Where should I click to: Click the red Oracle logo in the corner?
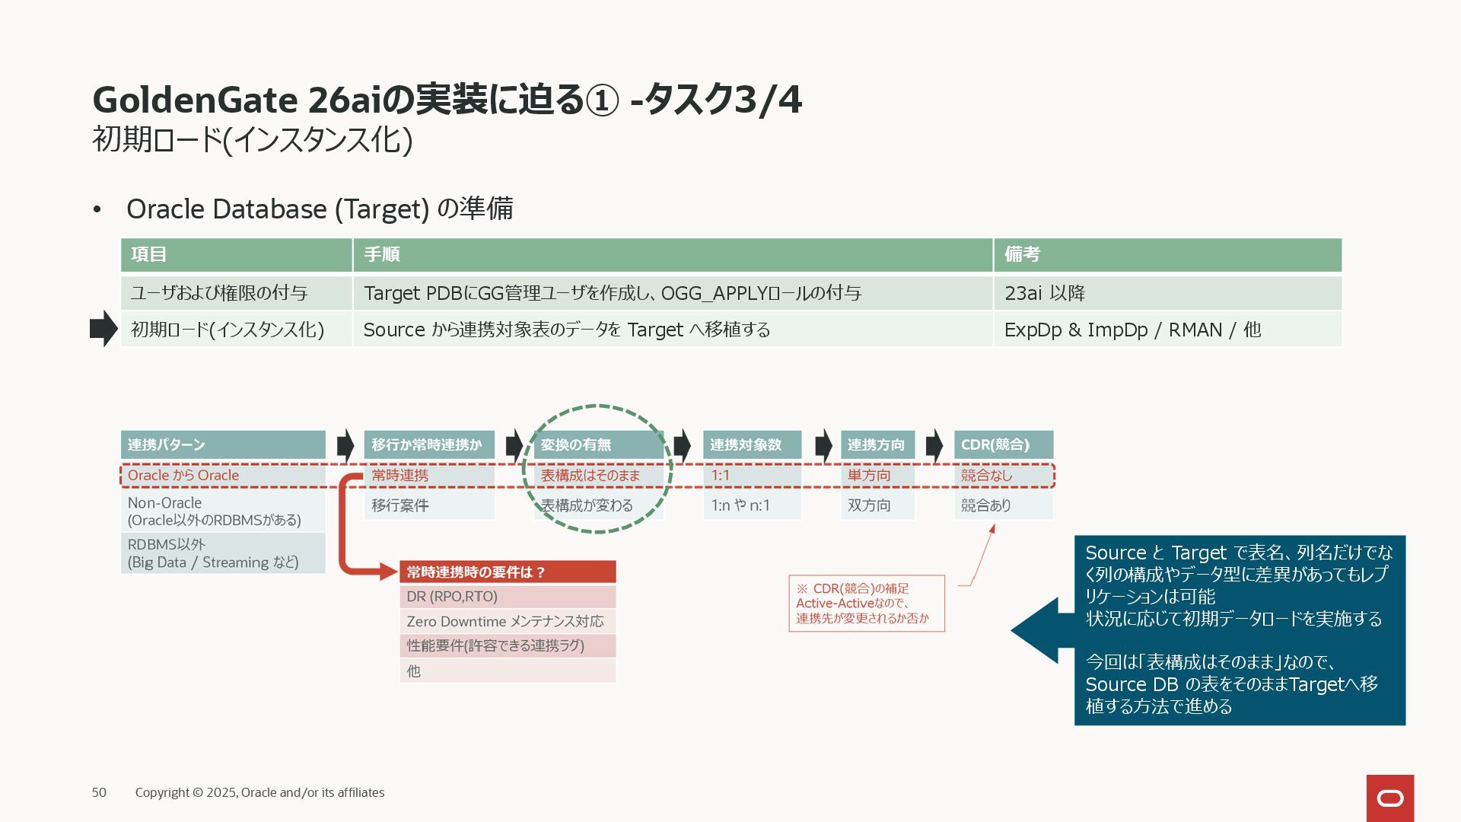tap(1389, 798)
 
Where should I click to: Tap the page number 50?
tap(99, 792)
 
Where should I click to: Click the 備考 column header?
tap(1167, 254)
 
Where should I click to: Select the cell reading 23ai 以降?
tap(1167, 293)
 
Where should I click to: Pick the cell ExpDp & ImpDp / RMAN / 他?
tap(1167, 330)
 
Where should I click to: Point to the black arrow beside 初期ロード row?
tap(103, 329)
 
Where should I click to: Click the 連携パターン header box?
tap(223, 444)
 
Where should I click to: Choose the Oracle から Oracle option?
tap(223, 476)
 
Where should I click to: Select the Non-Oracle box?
tap(223, 511)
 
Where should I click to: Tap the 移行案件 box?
tap(429, 505)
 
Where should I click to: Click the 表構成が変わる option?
tap(598, 505)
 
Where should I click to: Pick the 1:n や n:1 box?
tap(752, 505)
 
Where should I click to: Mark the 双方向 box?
tap(877, 505)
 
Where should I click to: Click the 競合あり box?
tap(1003, 505)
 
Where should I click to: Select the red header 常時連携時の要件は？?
tap(508, 572)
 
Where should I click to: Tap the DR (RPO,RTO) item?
tap(508, 597)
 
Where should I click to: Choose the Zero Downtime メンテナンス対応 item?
tap(508, 621)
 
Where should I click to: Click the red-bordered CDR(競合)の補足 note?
tap(866, 603)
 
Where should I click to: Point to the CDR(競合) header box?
tap(1003, 444)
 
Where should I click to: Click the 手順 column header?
tap(673, 254)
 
